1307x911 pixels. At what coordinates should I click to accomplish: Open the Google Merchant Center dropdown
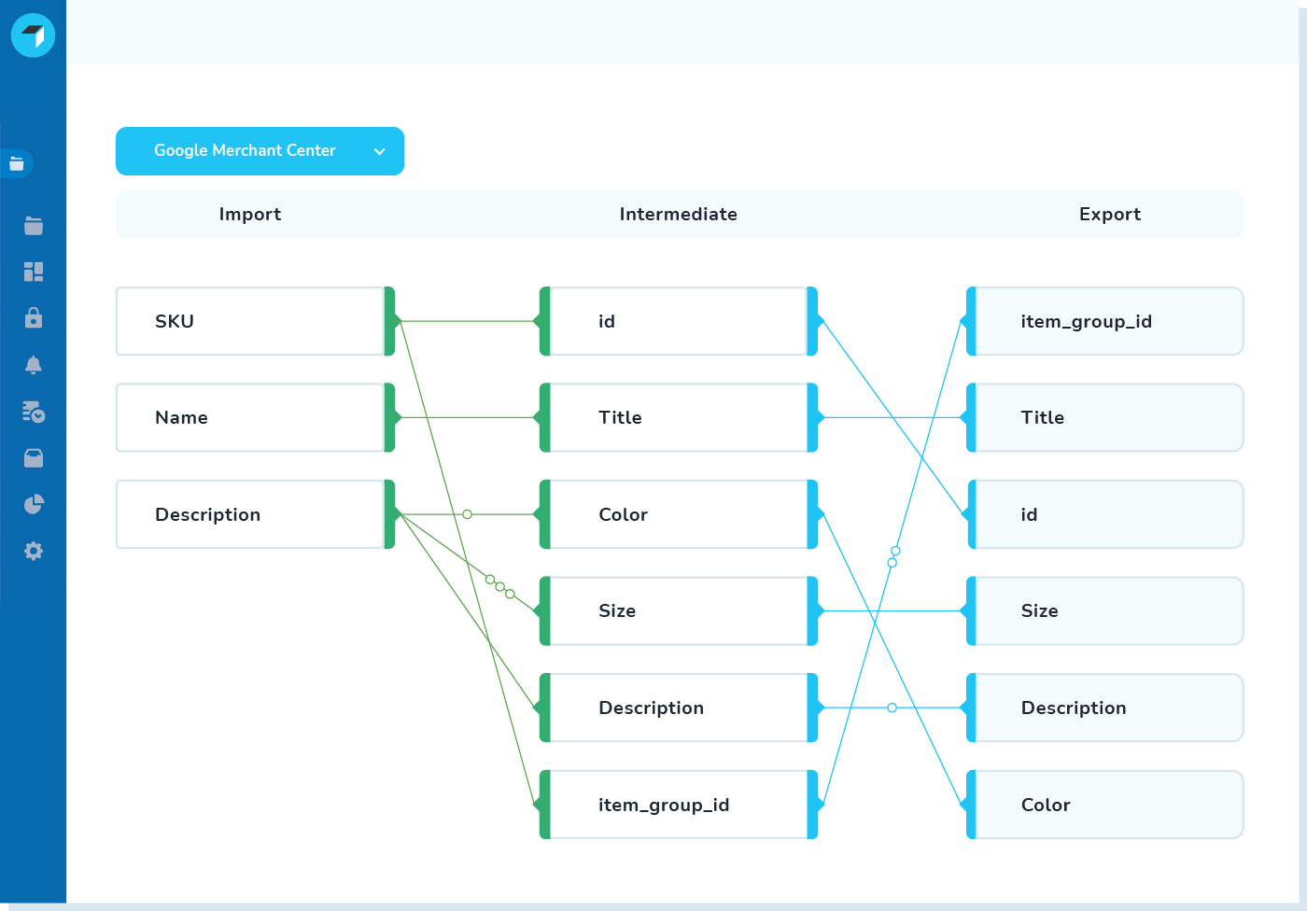coord(260,151)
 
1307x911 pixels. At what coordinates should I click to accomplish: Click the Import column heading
coord(249,214)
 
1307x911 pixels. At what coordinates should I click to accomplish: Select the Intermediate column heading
coord(678,214)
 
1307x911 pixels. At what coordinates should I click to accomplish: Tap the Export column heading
coord(1109,214)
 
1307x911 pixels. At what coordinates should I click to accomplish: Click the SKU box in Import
coord(250,321)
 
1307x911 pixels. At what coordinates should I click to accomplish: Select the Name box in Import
coord(250,417)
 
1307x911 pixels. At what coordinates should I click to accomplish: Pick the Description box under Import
coord(250,514)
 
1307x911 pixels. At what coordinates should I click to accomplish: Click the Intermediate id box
coord(678,321)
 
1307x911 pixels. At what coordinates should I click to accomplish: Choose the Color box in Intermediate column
coord(678,514)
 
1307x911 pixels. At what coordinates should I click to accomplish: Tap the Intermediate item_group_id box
coord(678,805)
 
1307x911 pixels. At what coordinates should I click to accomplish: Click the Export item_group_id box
coord(1108,321)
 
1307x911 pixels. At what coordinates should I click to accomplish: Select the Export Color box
coord(1108,805)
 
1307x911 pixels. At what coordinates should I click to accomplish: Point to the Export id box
coord(1108,514)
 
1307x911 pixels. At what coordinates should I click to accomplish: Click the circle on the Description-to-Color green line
coord(468,514)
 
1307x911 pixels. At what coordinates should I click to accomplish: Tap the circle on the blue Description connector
coord(892,708)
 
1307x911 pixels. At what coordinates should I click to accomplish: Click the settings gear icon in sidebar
coord(34,551)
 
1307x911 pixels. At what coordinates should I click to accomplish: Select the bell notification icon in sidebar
coord(34,365)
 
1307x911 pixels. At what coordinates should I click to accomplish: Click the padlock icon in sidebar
coord(34,318)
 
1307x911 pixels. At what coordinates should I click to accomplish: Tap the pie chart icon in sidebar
coord(34,504)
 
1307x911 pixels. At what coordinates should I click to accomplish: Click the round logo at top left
coord(33,35)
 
